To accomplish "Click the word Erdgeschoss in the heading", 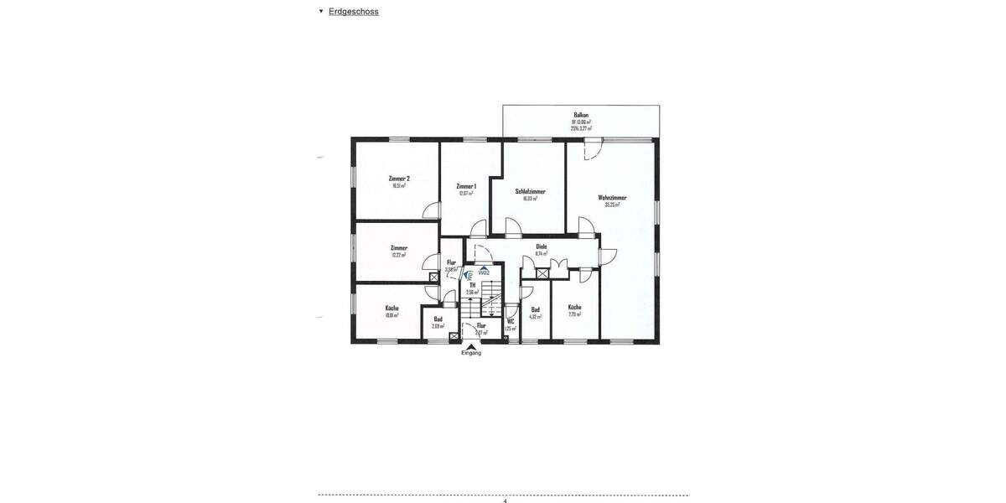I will pyautogui.click(x=353, y=12).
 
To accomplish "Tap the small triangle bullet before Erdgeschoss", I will pyautogui.click(x=321, y=11).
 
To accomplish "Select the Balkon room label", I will pyautogui.click(x=581, y=115).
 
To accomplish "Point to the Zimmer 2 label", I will pyautogui.click(x=399, y=179).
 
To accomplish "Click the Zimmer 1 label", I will pyautogui.click(x=466, y=186).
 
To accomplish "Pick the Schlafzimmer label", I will pyautogui.click(x=530, y=191).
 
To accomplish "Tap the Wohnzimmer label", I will pyautogui.click(x=612, y=198).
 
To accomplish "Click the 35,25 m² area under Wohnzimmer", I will pyautogui.click(x=612, y=205).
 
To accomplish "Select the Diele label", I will pyautogui.click(x=542, y=246).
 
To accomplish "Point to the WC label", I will pyautogui.click(x=511, y=321).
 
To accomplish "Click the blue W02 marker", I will pyautogui.click(x=484, y=272).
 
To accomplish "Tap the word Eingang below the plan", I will pyautogui.click(x=471, y=353).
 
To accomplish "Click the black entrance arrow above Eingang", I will pyautogui.click(x=471, y=345).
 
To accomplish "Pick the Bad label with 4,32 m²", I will pyautogui.click(x=535, y=309).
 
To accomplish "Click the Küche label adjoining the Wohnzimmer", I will pyautogui.click(x=574, y=307).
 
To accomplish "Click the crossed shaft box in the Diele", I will pyautogui.click(x=542, y=273).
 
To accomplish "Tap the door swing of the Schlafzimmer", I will pyautogui.click(x=512, y=228).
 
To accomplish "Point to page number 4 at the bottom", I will pyautogui.click(x=505, y=500).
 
